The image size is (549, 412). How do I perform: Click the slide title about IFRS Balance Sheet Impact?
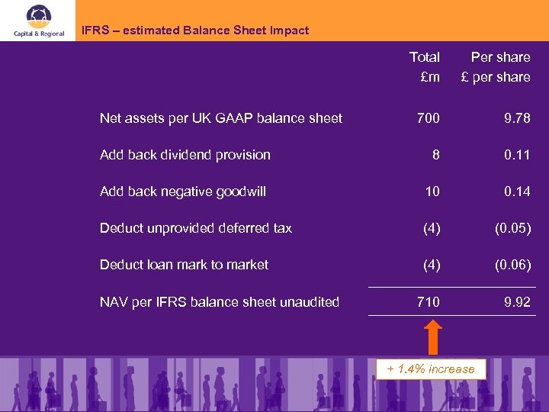[195, 31]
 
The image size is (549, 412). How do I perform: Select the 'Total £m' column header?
[424, 67]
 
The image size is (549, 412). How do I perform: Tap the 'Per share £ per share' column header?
[496, 67]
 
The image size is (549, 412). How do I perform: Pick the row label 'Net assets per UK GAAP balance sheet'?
[220, 118]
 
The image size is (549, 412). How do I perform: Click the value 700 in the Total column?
[428, 118]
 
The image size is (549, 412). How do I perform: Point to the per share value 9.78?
[517, 118]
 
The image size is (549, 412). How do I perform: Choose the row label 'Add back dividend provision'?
[185, 155]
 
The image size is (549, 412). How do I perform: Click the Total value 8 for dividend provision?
[435, 155]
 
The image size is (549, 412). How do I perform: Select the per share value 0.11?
[517, 155]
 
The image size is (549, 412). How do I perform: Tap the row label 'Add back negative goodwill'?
[182, 192]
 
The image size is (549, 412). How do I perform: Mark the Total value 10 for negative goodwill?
[432, 192]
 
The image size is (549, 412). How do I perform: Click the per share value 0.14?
[517, 192]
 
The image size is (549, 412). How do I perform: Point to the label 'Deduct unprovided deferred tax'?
[195, 228]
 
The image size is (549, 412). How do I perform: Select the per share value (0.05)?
[512, 228]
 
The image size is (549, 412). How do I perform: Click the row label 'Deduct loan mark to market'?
[184, 265]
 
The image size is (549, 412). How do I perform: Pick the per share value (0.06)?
[512, 265]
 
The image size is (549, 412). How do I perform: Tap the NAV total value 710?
[428, 302]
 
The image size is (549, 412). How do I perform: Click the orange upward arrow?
[432, 336]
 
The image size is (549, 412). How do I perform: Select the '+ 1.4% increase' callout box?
[431, 369]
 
